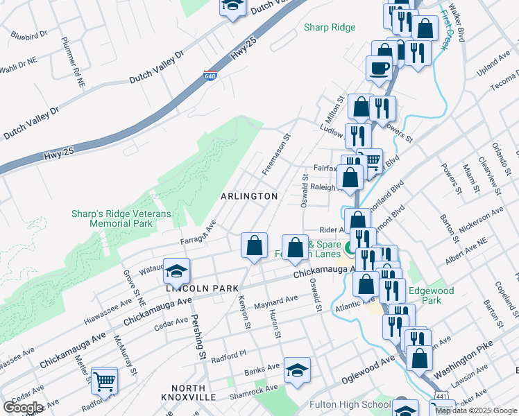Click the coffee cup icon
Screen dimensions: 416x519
pos(379,68)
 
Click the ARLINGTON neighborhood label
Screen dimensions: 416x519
pos(249,196)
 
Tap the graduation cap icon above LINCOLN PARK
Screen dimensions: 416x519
pos(177,269)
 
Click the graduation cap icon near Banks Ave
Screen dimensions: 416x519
pos(297,371)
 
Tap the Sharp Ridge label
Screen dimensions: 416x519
pos(330,28)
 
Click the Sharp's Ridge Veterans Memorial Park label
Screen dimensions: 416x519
pos(121,220)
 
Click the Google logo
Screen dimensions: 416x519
pos(23,407)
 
